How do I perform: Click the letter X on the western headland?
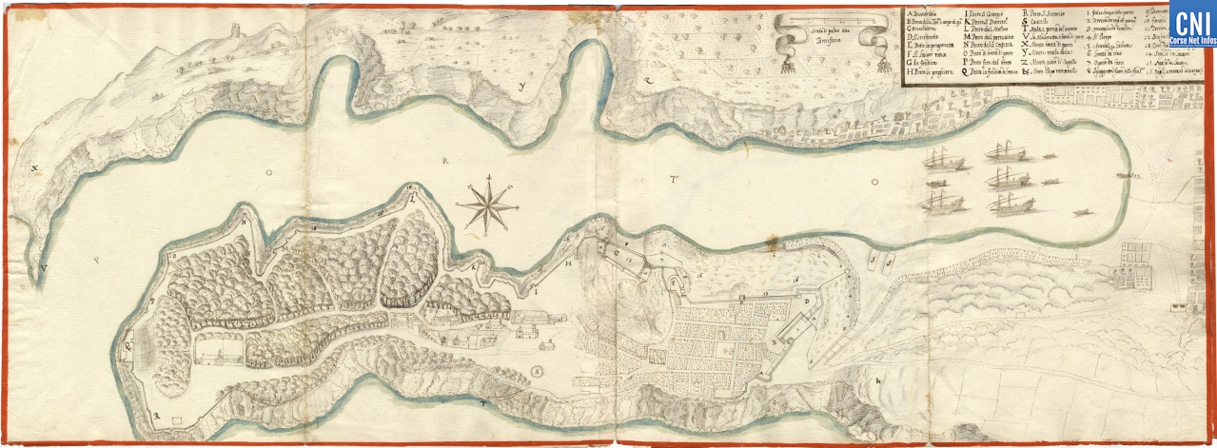tap(34, 169)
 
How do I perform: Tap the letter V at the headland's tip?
tap(44, 269)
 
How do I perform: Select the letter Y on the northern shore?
tap(522, 87)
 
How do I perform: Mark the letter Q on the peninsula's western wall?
tap(128, 346)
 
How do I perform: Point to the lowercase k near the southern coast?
tap(878, 381)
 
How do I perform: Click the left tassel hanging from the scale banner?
tap(786, 64)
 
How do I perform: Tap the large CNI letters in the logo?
tap(1192, 23)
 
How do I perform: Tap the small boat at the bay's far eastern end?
tap(1129, 175)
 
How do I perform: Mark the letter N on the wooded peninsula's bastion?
tap(245, 220)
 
